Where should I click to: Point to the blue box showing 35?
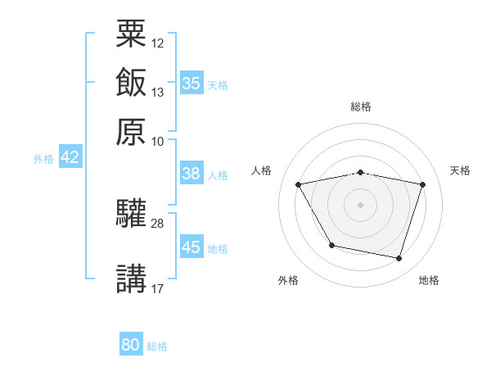click(x=191, y=83)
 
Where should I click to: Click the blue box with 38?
click(x=191, y=174)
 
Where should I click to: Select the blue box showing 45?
click(x=191, y=247)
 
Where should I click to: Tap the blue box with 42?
click(x=70, y=158)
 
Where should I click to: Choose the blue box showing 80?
click(x=131, y=345)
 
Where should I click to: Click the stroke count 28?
click(x=158, y=224)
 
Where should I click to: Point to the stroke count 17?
click(x=158, y=288)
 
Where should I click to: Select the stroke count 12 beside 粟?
click(x=158, y=43)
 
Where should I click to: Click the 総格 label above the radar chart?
click(x=360, y=106)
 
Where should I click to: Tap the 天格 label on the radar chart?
click(x=460, y=170)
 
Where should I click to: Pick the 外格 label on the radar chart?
click(x=288, y=280)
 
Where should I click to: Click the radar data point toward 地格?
click(x=399, y=259)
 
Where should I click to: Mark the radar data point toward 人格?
click(x=299, y=185)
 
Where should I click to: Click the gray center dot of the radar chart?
click(x=360, y=205)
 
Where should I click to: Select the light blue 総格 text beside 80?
click(x=157, y=346)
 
